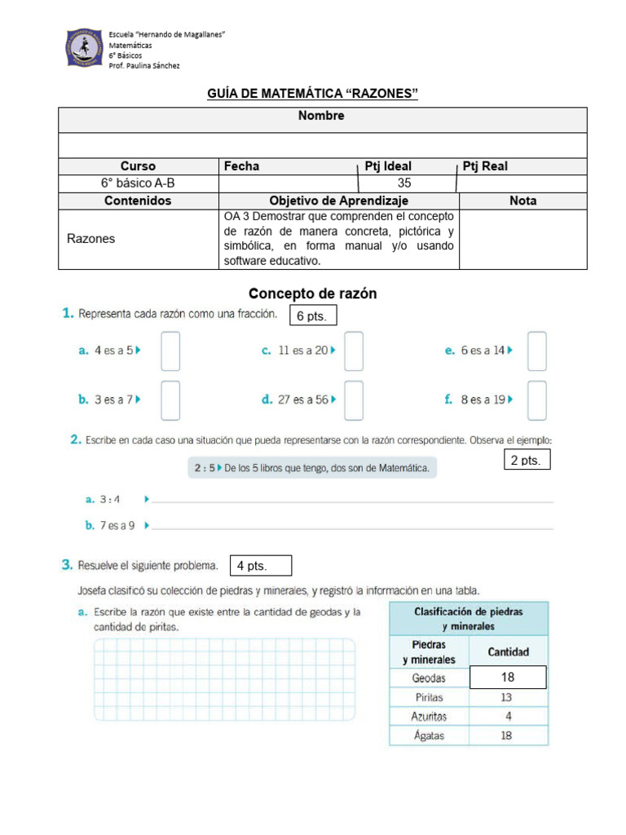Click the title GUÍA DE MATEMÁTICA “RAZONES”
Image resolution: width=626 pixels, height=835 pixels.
point(313,95)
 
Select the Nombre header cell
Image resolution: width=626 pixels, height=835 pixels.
point(321,117)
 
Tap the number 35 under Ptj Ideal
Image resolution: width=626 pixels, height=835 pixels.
point(404,183)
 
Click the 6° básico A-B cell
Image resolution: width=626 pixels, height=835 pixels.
point(138,183)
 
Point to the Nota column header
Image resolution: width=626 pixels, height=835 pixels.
point(522,201)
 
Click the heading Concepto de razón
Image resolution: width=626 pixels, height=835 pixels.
point(312,294)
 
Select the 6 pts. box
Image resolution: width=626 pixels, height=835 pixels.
point(313,316)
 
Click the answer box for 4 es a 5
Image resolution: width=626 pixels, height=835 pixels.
point(170,351)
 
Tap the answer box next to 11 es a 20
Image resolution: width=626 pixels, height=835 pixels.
point(353,351)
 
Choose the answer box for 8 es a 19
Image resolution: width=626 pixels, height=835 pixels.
point(536,400)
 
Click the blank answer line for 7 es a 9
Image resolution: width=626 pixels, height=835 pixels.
point(352,527)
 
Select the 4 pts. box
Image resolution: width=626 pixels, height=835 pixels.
point(261,566)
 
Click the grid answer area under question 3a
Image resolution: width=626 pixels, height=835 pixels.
point(224,678)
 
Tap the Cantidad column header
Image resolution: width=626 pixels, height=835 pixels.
point(508,652)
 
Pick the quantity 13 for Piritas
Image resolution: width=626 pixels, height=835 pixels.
point(507,697)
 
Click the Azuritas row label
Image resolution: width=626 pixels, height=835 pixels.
point(429,717)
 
